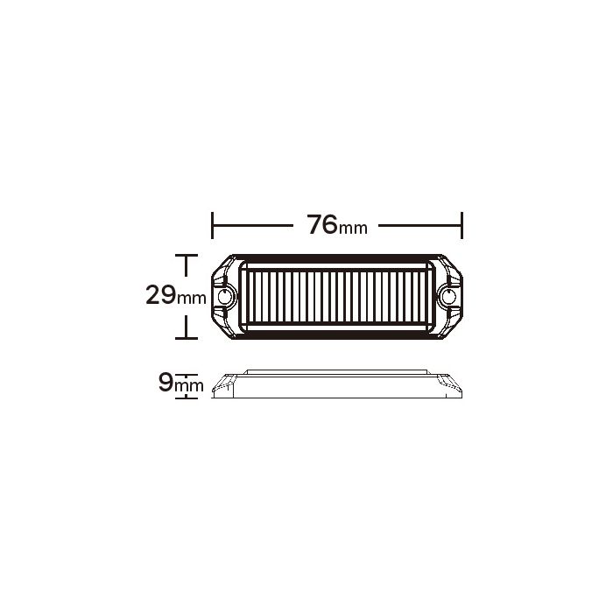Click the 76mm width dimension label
click(x=337, y=225)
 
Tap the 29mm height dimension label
click(x=176, y=295)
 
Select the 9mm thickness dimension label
click(x=181, y=383)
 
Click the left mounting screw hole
click(x=224, y=297)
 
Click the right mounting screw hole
click(x=448, y=297)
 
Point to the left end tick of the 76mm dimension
click(x=212, y=225)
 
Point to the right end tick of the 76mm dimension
click(x=462, y=225)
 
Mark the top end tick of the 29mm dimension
click(x=186, y=256)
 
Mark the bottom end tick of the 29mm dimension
click(x=186, y=338)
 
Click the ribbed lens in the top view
click(x=336, y=297)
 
